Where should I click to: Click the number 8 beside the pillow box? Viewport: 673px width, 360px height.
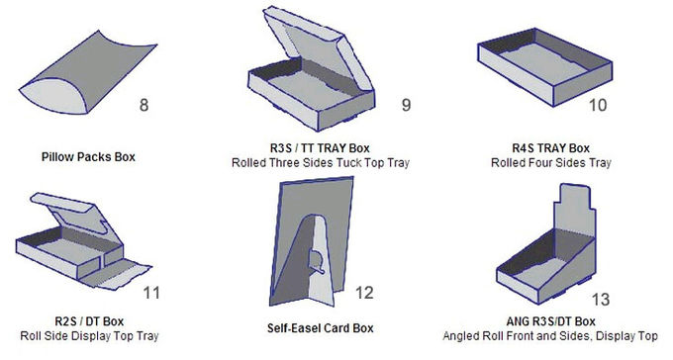click(144, 105)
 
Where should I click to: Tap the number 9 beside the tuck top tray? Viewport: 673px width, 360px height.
click(406, 105)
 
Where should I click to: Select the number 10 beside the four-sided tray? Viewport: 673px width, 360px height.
click(598, 105)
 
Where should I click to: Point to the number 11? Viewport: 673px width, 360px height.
click(151, 293)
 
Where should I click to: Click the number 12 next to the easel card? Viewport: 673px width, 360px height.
click(364, 293)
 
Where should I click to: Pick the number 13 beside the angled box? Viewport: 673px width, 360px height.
click(601, 300)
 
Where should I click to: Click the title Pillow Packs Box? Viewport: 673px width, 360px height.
click(88, 157)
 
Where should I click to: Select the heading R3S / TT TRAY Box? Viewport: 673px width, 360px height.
click(320, 148)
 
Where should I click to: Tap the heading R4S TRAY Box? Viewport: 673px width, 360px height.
click(551, 148)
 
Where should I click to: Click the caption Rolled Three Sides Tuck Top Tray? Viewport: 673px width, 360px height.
click(321, 163)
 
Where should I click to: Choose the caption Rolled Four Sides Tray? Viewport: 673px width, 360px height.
click(551, 163)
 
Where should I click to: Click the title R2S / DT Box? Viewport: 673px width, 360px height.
click(89, 321)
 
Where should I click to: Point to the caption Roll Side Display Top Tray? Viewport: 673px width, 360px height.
click(89, 336)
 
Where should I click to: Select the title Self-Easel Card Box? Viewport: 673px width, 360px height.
click(321, 328)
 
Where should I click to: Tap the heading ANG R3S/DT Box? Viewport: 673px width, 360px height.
click(550, 321)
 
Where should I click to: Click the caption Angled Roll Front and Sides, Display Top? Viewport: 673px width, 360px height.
click(550, 336)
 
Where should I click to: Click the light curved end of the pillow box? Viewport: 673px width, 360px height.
click(53, 97)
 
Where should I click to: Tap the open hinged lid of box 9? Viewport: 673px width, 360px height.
click(318, 47)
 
